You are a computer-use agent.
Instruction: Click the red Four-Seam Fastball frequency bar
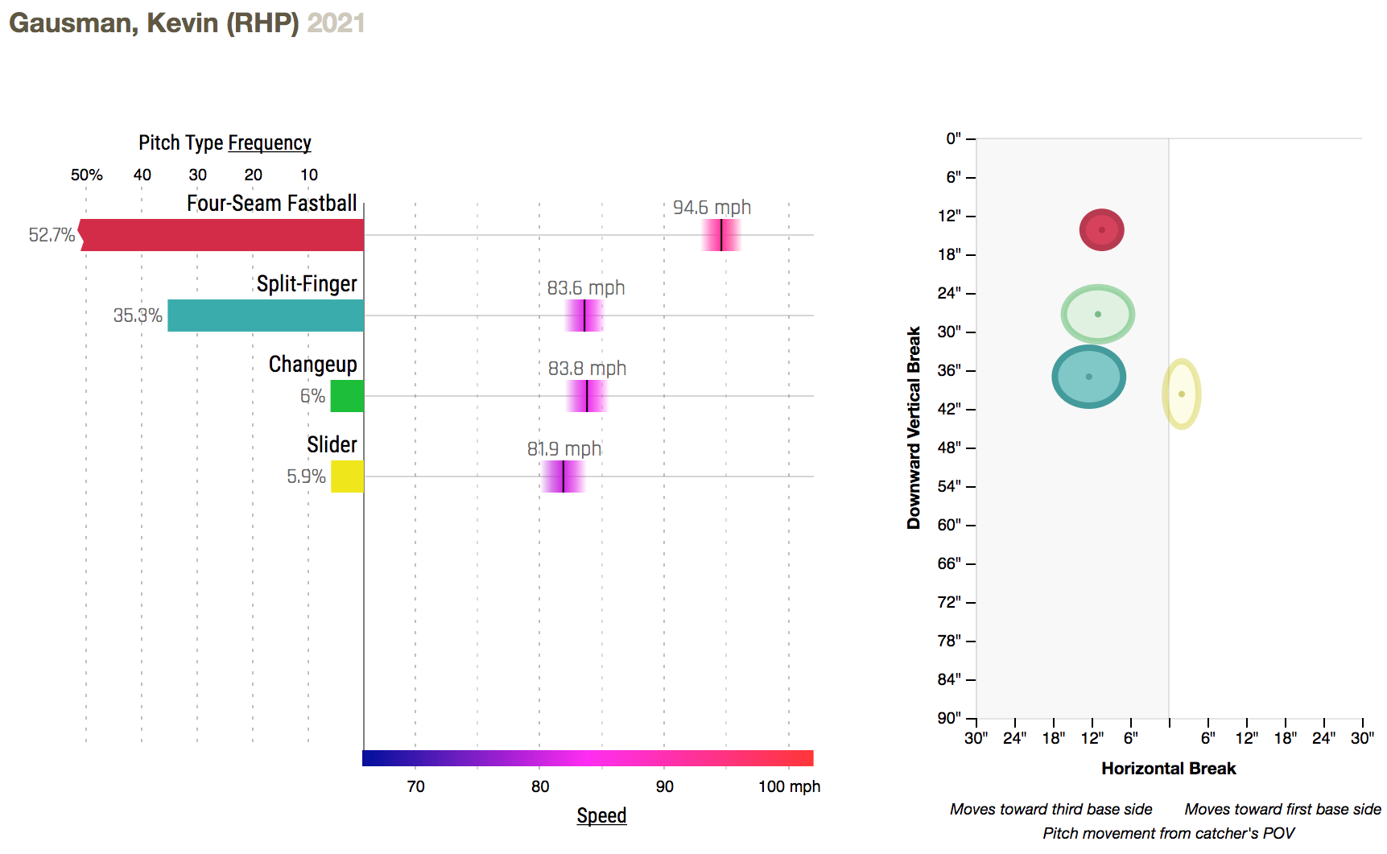click(222, 235)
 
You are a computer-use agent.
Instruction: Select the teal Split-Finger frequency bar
click(266, 316)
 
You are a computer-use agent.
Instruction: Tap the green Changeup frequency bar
click(347, 396)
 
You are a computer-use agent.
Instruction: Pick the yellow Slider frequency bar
click(347, 477)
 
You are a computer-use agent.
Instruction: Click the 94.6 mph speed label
click(712, 208)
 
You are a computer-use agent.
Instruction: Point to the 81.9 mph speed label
click(564, 449)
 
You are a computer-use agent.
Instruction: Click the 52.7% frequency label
click(52, 235)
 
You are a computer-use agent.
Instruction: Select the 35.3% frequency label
click(138, 316)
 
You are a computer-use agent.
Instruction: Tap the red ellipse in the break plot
click(1101, 230)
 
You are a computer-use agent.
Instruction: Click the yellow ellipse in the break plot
click(1181, 394)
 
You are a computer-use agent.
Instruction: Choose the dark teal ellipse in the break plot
click(1088, 377)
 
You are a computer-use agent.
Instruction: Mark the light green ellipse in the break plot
click(1097, 314)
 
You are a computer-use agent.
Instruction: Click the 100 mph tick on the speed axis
click(788, 786)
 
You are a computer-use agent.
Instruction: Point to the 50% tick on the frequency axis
click(86, 175)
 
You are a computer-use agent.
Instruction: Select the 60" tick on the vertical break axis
click(950, 525)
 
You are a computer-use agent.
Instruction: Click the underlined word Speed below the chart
click(601, 815)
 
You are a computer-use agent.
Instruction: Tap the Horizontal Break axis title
click(1168, 769)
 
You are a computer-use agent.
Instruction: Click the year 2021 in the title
click(336, 23)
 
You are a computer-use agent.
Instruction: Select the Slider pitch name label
click(332, 444)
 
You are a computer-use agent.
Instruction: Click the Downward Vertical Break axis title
click(914, 427)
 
